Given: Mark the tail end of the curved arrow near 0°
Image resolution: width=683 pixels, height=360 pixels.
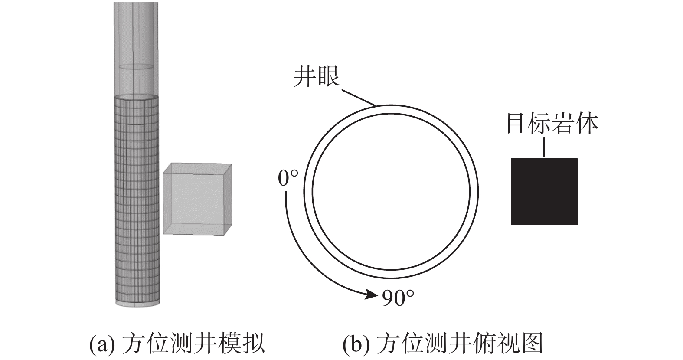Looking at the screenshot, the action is [286, 192].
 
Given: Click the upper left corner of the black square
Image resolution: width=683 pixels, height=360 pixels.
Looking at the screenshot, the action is [511, 159].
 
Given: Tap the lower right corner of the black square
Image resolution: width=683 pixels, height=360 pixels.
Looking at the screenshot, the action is [578, 225].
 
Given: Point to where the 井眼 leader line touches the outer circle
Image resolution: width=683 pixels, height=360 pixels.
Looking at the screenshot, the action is [376, 105].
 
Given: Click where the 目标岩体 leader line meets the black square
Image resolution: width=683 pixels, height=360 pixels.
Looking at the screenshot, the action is [544, 158].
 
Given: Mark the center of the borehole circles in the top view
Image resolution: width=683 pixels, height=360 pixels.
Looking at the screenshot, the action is [391, 192].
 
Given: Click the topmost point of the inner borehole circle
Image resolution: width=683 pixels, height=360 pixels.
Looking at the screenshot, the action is [391, 114].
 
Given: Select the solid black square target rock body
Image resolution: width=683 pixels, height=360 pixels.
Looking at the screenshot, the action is [545, 192].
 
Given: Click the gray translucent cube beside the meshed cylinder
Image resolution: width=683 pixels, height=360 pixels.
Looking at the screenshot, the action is [197, 199].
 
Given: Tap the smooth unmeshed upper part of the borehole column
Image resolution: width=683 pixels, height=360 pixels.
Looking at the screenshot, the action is [136, 49].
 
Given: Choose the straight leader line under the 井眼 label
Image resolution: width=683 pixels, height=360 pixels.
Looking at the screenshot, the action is [359, 98].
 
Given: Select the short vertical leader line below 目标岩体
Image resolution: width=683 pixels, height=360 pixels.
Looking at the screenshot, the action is [544, 147].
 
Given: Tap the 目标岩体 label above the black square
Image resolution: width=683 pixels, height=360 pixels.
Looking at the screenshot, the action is [552, 124].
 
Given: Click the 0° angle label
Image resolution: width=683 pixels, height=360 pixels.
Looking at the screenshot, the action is [288, 178].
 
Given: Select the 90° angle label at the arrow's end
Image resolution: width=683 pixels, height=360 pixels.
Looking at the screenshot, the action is [398, 298].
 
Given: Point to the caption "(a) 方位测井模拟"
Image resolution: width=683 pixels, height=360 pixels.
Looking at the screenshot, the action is [177, 344].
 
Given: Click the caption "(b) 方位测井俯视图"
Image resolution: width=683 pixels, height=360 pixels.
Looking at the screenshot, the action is [443, 344].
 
